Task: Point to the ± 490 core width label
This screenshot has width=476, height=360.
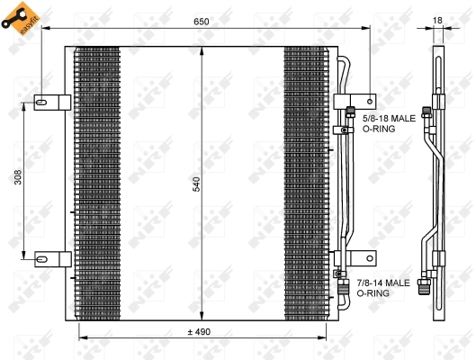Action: click(199, 332)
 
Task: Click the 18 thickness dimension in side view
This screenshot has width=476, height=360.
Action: click(437, 20)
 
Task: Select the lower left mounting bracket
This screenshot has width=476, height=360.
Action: click(52, 259)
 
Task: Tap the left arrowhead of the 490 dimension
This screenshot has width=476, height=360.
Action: click(83, 338)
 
